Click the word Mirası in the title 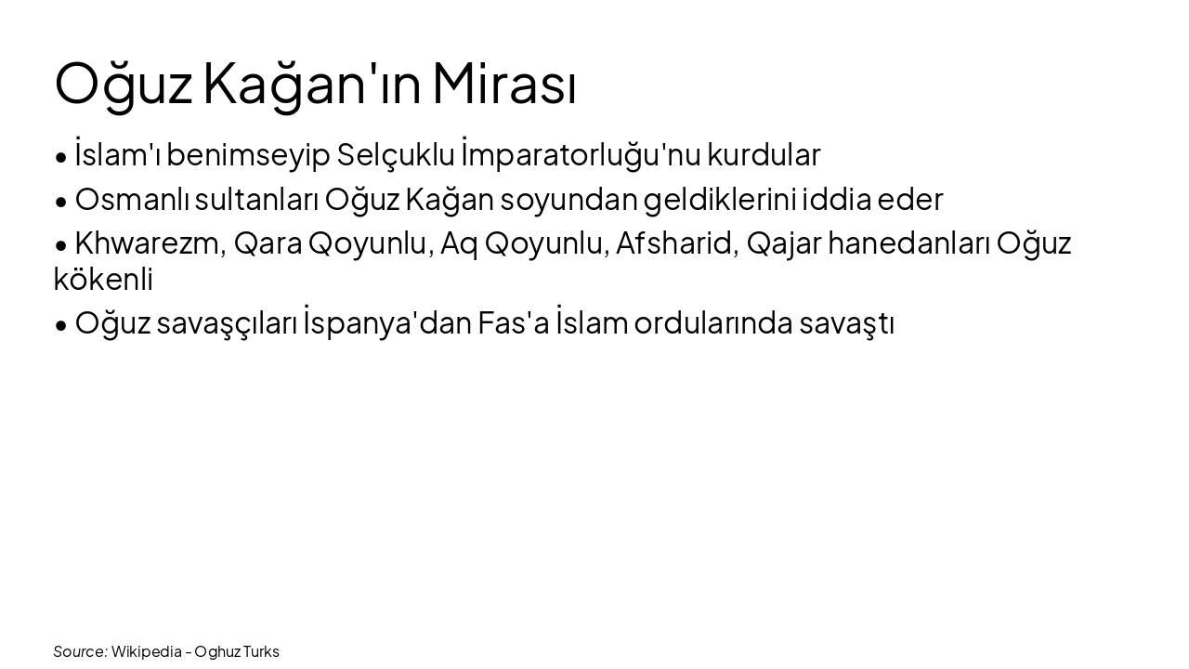(x=503, y=84)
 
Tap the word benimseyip (x=248, y=155)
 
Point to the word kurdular (x=764, y=155)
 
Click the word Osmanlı (x=132, y=199)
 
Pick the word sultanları (x=257, y=199)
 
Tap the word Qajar (x=783, y=243)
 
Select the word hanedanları (x=908, y=243)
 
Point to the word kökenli (x=103, y=279)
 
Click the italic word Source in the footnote (x=80, y=651)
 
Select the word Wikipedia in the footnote (x=146, y=651)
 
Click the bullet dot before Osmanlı (x=61, y=201)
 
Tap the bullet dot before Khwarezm (x=61, y=245)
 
